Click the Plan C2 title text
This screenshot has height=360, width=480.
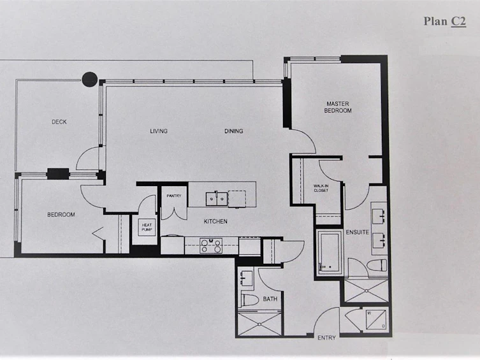tap(445, 22)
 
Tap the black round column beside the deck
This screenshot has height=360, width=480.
tap(90, 80)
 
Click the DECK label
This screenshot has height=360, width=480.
tap(59, 122)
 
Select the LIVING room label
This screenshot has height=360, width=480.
tap(159, 131)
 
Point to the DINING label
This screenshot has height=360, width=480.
tap(233, 131)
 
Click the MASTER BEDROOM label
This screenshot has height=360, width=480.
tap(338, 107)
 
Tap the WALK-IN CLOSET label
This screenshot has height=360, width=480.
tap(321, 188)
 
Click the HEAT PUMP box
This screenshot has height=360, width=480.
tap(147, 227)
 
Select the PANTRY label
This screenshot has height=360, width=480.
tap(174, 196)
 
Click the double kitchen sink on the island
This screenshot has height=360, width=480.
tap(217, 199)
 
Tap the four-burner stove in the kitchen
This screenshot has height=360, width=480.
tap(211, 245)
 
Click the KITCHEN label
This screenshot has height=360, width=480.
tap(215, 221)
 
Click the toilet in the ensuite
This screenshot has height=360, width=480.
tap(377, 265)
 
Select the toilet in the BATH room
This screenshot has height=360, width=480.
tap(248, 299)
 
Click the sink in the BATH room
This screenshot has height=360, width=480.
tap(246, 278)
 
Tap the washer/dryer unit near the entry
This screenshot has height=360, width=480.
tap(376, 320)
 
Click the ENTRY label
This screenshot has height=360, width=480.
tap(326, 338)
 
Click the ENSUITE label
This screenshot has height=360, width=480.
tap(357, 232)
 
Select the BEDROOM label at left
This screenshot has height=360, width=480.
tap(61, 215)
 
